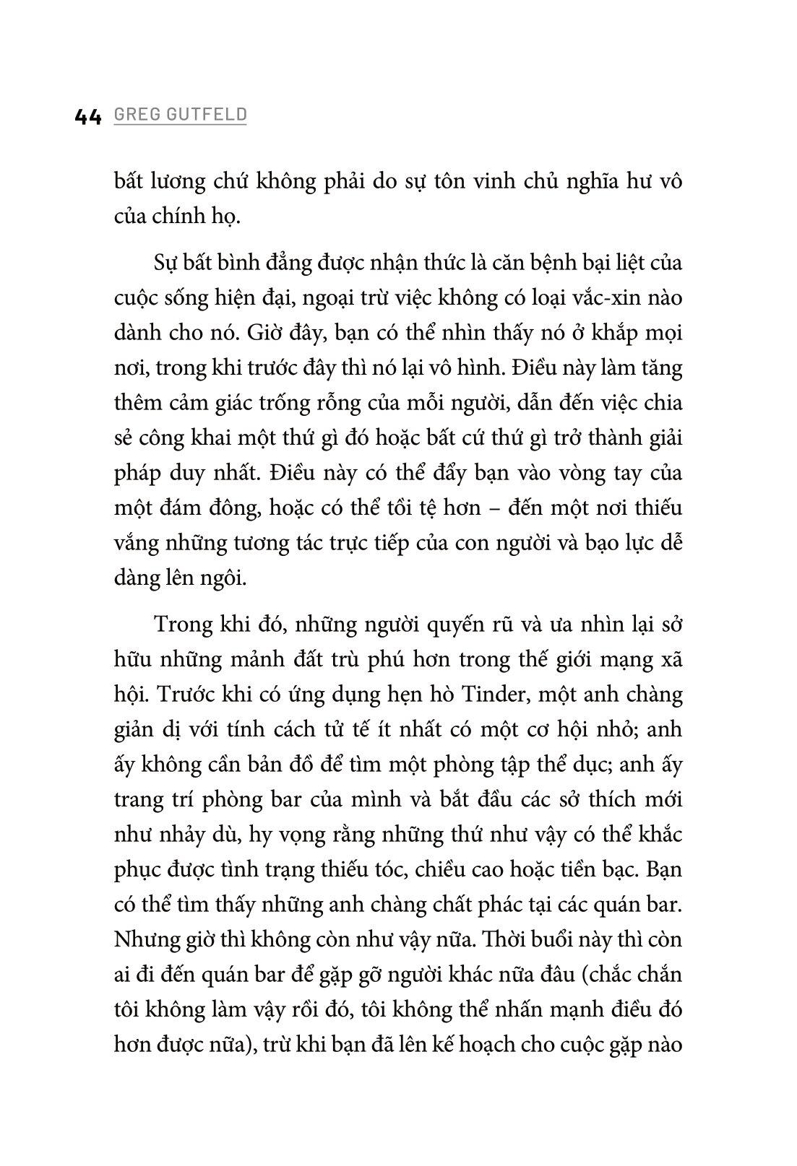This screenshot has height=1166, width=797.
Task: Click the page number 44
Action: pos(88,116)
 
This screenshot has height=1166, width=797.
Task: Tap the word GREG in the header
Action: pos(135,115)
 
